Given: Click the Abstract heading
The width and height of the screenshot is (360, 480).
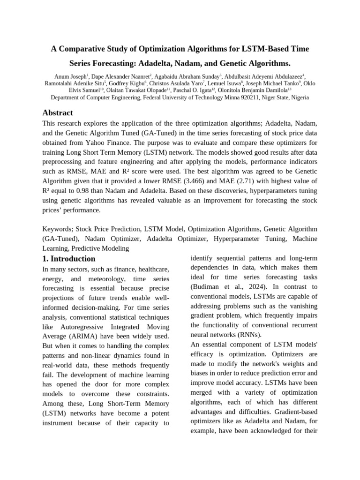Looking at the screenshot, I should click(x=58, y=113).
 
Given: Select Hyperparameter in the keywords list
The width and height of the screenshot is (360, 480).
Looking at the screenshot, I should click(x=239, y=239).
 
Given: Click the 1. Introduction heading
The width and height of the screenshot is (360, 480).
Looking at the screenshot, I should click(x=68, y=259).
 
